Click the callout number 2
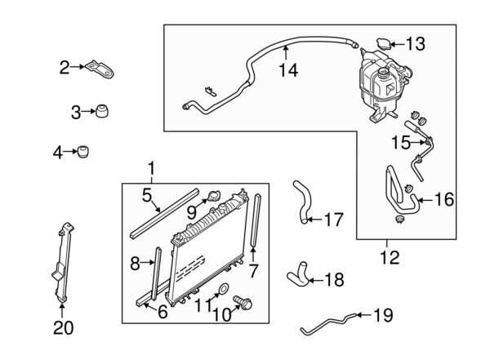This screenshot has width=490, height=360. point(64,68)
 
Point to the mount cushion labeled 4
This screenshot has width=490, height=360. point(85,152)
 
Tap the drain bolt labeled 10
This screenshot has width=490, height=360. point(242,303)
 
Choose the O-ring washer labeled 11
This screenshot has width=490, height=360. point(223,288)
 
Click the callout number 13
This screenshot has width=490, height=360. point(416,43)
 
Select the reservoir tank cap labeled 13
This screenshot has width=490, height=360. point(384,43)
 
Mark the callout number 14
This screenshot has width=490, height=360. point(287,71)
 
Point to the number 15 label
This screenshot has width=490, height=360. point(400,143)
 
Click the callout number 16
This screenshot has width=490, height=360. point(443,199)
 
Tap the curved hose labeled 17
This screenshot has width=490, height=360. point(301,201)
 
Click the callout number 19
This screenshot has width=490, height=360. point(383,314)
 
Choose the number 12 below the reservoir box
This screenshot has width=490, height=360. point(390,259)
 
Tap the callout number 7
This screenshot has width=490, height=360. point(254,270)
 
